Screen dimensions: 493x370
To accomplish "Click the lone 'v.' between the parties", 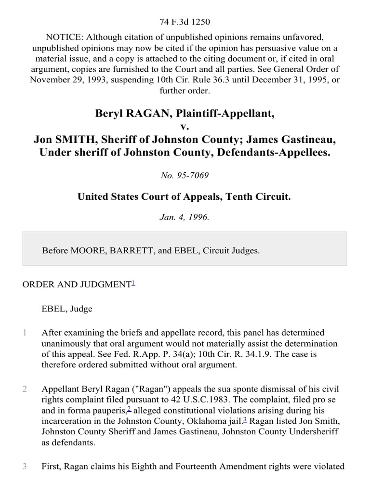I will pyautogui.click(x=185, y=127).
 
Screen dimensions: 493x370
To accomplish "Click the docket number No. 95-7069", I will pyautogui.click(x=185, y=175).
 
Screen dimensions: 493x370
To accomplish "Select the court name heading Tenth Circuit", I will pyautogui.click(x=257, y=197).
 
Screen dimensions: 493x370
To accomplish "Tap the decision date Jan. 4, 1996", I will pyautogui.click(x=185, y=217).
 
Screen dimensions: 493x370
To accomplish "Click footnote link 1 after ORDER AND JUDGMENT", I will pyautogui.click(x=133, y=283).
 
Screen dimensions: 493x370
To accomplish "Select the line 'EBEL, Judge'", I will pyautogui.click(x=67, y=309).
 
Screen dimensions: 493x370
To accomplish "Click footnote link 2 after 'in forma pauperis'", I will pyautogui.click(x=129, y=409).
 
